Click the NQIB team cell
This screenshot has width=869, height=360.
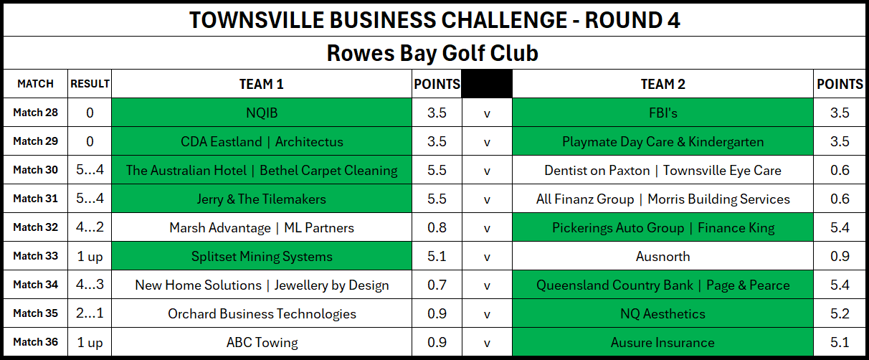[x=262, y=113]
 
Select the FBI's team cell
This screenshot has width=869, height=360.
[x=663, y=113]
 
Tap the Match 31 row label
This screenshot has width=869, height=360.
[x=35, y=199]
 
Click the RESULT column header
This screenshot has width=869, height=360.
[x=90, y=84]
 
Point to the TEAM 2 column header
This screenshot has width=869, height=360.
[x=663, y=84]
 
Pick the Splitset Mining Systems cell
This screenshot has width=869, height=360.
[x=262, y=256]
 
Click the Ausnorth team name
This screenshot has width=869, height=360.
[x=663, y=257]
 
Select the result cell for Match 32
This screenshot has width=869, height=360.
[x=90, y=227]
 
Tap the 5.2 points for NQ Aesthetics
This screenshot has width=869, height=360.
[x=840, y=313]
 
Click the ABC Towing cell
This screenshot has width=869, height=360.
[x=262, y=342]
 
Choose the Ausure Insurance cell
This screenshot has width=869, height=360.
[x=663, y=342]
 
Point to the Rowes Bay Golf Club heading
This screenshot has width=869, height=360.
[x=432, y=53]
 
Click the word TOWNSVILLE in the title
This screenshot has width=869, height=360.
[x=257, y=20]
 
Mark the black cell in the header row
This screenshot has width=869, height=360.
[x=487, y=83]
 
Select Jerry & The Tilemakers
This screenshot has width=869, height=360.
[x=262, y=199]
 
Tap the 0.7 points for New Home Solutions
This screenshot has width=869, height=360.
[x=437, y=285]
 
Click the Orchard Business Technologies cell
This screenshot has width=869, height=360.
[x=262, y=313]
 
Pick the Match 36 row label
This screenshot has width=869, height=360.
[x=35, y=342]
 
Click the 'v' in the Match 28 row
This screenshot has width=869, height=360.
[x=487, y=113]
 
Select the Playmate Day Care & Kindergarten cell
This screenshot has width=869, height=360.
[x=663, y=141]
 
